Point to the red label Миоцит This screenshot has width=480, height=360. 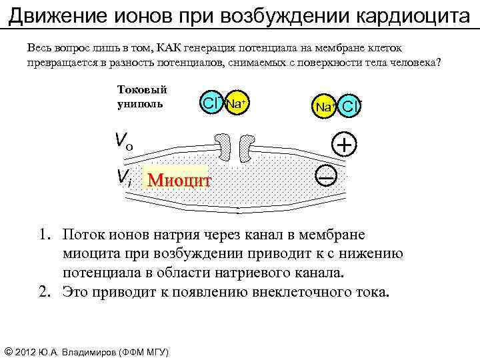click(x=179, y=180)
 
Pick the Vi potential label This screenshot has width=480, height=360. click(x=123, y=177)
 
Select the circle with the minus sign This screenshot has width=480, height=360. click(x=327, y=175)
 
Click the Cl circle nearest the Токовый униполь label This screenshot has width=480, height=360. click(x=213, y=103)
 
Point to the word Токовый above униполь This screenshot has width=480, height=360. click(x=142, y=89)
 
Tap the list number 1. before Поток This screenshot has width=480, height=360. click(x=45, y=235)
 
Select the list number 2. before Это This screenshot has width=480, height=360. click(x=45, y=291)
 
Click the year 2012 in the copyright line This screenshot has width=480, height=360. click(x=29, y=351)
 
